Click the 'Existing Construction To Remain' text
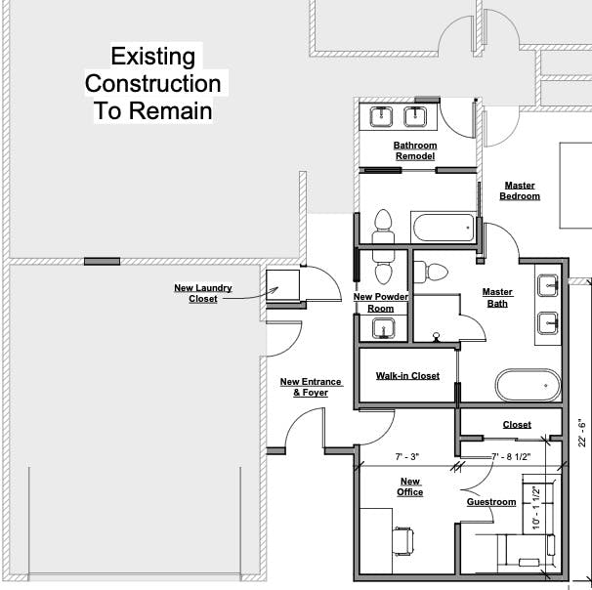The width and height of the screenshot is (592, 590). [x=153, y=83]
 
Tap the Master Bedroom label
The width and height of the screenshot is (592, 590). [x=520, y=190]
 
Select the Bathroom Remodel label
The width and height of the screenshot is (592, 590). [x=415, y=150]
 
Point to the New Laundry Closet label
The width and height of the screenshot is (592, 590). [x=203, y=293]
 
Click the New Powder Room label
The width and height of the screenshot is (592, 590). [x=381, y=303]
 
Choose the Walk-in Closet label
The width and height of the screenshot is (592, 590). [x=407, y=376]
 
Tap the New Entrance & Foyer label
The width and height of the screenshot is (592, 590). [x=311, y=387]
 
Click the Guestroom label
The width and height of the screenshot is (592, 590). [x=491, y=502]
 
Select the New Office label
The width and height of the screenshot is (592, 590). [x=410, y=486]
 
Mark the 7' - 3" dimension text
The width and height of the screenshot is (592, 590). [x=407, y=457]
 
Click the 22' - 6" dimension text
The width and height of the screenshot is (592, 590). [x=582, y=433]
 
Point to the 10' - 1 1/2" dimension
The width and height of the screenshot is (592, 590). [x=536, y=508]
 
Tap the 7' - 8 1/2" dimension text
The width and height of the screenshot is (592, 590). [x=511, y=457]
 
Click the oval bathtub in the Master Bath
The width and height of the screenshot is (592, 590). [x=529, y=385]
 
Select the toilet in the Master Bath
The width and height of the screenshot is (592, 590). [x=431, y=272]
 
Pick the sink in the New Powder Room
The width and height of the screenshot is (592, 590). [x=383, y=328]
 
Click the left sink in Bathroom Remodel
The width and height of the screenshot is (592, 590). [x=381, y=116]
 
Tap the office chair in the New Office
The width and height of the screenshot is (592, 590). [x=402, y=540]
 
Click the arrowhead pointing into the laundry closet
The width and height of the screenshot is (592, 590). [x=275, y=290]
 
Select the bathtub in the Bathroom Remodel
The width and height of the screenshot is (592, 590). [x=444, y=228]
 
